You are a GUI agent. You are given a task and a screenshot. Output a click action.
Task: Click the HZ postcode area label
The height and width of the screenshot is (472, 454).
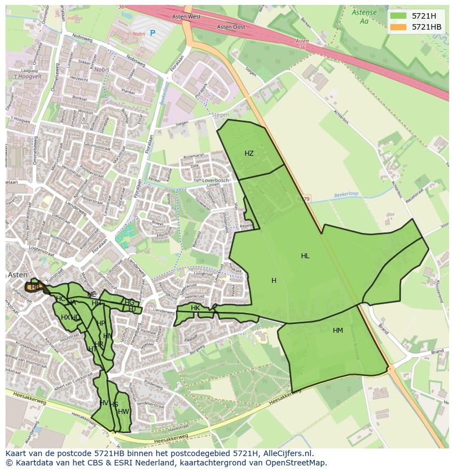click(x=249, y=153)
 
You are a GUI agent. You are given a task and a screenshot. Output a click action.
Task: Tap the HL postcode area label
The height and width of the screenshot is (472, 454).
click(x=305, y=256)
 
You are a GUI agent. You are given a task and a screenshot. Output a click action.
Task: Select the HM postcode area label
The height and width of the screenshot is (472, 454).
click(x=338, y=330)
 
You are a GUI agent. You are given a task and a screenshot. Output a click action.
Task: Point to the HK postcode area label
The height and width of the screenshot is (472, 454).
click(x=195, y=308)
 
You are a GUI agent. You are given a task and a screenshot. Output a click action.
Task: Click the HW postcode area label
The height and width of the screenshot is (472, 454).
click(x=123, y=412)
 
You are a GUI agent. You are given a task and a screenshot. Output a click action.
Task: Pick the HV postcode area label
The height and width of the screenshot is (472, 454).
click(x=104, y=403)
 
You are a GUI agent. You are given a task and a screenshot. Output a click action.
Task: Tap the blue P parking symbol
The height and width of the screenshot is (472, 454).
click(x=152, y=33)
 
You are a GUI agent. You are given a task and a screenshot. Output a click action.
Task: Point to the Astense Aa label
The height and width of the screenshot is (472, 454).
click(x=364, y=16)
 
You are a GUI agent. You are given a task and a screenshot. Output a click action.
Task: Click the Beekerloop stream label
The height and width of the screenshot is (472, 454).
click(x=345, y=195)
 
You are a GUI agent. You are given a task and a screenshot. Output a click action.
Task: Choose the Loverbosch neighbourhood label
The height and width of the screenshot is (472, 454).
click(x=215, y=180)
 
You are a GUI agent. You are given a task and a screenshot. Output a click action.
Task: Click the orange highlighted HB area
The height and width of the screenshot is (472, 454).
click(x=34, y=287)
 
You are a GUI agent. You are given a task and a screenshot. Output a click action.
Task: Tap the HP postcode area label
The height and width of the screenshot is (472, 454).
click(x=100, y=323)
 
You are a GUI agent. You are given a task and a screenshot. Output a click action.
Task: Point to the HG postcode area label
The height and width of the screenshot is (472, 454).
click(x=129, y=302)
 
